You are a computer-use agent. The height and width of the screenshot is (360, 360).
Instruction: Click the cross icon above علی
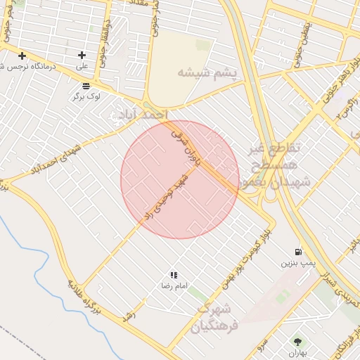point(82,55)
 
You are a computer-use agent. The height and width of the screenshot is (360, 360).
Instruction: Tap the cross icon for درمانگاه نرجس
point(22,56)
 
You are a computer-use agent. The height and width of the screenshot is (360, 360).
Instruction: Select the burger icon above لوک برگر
point(86,86)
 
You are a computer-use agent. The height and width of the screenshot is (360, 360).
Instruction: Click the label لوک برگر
point(86,96)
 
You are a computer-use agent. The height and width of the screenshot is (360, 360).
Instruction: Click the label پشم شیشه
point(207,72)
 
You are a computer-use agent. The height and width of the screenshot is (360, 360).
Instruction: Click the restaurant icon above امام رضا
point(174,275)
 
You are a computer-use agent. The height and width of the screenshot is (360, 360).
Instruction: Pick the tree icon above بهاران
point(297,342)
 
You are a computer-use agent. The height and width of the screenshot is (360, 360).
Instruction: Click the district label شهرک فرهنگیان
point(219,317)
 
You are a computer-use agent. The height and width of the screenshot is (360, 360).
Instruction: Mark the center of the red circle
point(179,179)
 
